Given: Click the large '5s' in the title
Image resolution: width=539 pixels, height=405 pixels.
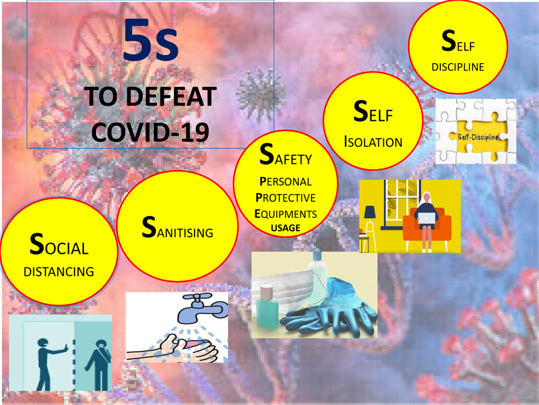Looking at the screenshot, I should point(150,40).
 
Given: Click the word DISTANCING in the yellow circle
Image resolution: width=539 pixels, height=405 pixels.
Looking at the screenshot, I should point(59,271).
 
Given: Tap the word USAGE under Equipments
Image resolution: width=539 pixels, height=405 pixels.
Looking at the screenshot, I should point(285,228).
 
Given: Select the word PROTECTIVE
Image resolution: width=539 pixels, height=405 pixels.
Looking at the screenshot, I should point(285,197).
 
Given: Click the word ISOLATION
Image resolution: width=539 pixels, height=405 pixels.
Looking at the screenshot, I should point(373,142).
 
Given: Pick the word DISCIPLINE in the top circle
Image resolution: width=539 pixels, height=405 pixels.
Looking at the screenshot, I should point(458,67).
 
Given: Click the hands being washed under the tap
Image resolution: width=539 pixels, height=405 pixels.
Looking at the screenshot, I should point(178,345).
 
